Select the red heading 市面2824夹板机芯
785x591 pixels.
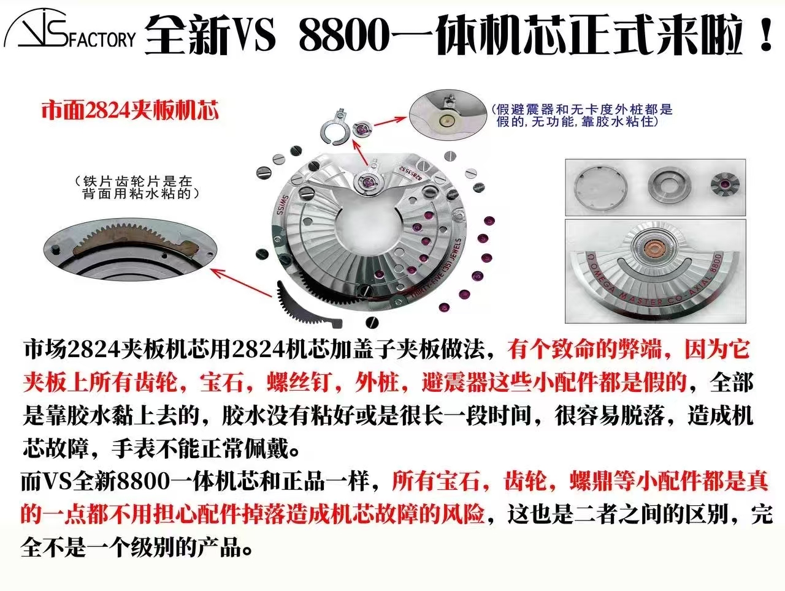pos(129,110)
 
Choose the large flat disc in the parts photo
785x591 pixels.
pos(599,184)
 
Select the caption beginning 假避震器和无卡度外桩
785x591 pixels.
pos(581,115)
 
